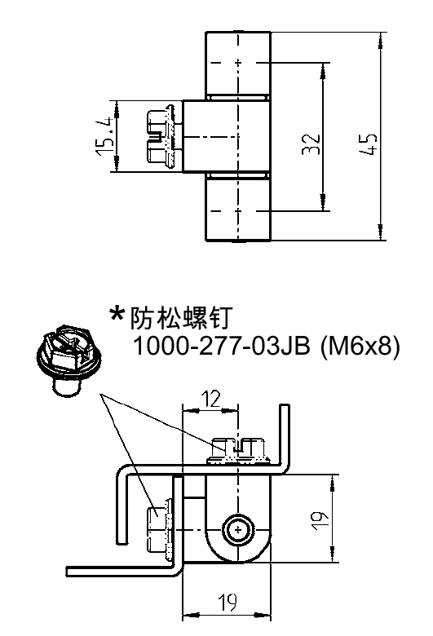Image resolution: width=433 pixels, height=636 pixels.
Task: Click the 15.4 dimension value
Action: (104, 136)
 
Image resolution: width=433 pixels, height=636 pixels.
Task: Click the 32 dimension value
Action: (311, 144)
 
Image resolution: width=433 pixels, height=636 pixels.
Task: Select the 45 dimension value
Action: (369, 144)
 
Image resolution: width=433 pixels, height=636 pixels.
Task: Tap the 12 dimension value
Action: (211, 399)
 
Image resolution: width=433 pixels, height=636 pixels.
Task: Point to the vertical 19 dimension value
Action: (320, 519)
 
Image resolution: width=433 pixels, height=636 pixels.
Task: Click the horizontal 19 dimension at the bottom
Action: (228, 602)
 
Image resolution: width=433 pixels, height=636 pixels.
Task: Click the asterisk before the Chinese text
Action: (117, 315)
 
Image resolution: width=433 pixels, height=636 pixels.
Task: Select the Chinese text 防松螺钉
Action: (180, 318)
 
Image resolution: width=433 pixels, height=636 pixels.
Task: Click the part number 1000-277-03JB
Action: (222, 346)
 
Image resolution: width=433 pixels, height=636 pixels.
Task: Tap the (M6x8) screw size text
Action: (360, 347)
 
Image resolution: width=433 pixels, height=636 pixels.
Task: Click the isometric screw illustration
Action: (68, 360)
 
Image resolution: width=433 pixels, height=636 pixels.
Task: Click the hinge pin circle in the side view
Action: (238, 530)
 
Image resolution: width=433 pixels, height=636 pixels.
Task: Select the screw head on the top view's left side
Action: (161, 136)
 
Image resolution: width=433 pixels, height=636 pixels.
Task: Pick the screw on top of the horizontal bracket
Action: (239, 451)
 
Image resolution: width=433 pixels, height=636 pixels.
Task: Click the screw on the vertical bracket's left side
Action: (159, 529)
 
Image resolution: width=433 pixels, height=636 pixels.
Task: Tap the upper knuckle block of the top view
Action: (238, 64)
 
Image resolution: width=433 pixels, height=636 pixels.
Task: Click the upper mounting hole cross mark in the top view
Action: (238, 63)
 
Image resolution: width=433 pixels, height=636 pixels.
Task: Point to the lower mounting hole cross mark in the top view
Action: (238, 211)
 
